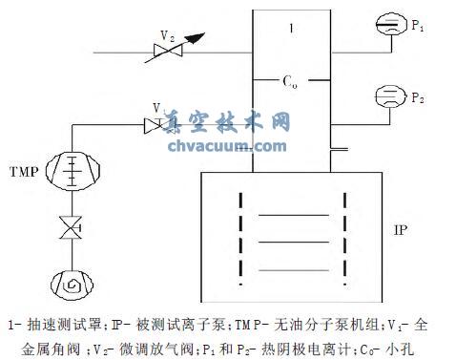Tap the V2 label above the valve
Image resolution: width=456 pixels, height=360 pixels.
click(167, 35)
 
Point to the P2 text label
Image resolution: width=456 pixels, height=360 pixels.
click(416, 98)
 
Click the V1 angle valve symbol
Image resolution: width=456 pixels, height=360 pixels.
click(153, 123)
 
